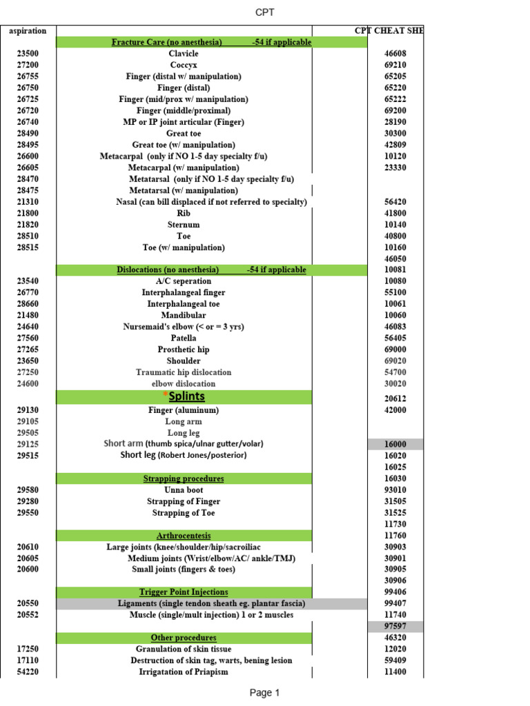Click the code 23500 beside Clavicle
click(x=28, y=54)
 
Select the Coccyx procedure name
click(x=184, y=65)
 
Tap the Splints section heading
click(x=186, y=396)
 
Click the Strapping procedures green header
click(x=184, y=478)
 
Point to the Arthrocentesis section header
click(x=184, y=536)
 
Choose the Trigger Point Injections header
click(x=184, y=592)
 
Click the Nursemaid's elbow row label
click(x=184, y=327)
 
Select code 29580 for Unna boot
click(x=28, y=490)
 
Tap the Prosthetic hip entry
click(x=184, y=350)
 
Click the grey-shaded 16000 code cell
click(x=395, y=445)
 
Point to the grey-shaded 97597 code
click(x=395, y=626)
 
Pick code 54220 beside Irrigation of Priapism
click(x=28, y=672)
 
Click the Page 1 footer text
click(x=264, y=693)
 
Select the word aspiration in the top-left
click(x=28, y=31)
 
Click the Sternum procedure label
click(x=184, y=225)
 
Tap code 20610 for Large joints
click(x=28, y=547)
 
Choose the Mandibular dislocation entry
click(x=184, y=315)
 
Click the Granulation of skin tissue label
click(x=184, y=649)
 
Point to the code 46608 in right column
click(x=395, y=54)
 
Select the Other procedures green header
click(x=184, y=638)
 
